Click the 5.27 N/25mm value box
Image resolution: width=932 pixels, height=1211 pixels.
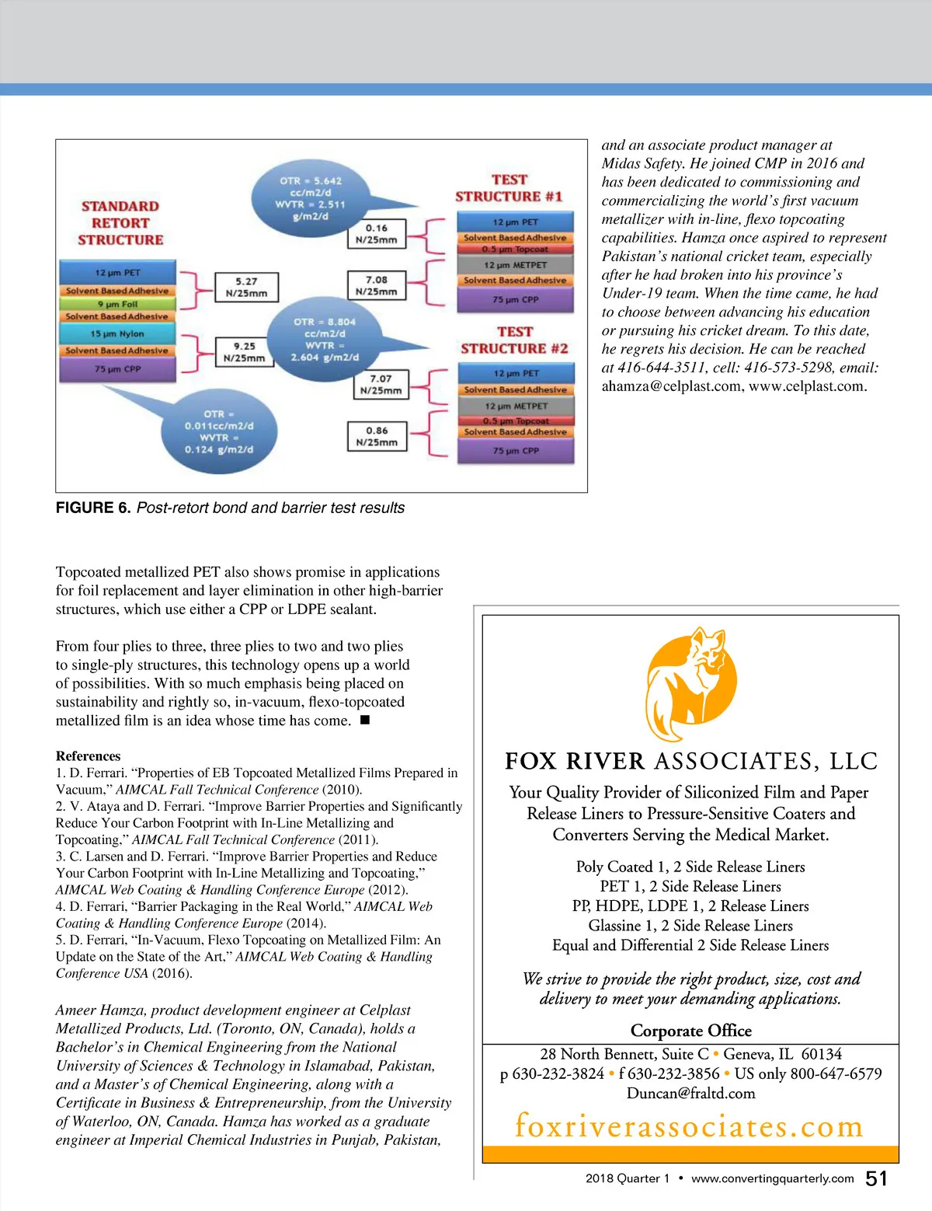click(x=246, y=287)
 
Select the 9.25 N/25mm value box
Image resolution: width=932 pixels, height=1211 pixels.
click(x=245, y=352)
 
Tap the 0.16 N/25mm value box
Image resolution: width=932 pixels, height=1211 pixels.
click(x=376, y=234)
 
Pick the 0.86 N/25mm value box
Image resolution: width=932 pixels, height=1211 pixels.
click(x=377, y=436)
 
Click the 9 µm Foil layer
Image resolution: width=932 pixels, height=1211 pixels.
click(x=117, y=304)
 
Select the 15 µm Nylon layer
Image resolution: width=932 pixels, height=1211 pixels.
click(x=117, y=333)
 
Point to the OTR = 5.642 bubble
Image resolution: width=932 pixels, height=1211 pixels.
click(x=311, y=198)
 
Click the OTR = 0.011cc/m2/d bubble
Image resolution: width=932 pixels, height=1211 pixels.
click(x=219, y=431)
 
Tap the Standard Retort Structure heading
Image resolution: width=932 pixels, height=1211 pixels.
click(x=120, y=223)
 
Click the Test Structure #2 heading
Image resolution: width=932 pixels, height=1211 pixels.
click(x=514, y=340)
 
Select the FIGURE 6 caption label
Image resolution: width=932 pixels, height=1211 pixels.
click(x=92, y=508)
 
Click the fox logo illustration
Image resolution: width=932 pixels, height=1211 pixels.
click(x=690, y=685)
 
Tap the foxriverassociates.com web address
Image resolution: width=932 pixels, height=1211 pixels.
click(x=689, y=1125)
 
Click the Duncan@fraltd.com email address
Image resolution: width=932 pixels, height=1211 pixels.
click(x=690, y=1094)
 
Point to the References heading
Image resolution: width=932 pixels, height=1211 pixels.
click(x=88, y=756)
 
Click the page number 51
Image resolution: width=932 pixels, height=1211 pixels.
click(x=876, y=1178)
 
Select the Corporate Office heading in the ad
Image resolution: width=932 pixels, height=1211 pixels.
click(x=690, y=1031)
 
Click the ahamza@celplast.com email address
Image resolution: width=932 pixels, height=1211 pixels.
click(x=671, y=386)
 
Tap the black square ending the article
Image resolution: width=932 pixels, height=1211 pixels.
click(x=365, y=720)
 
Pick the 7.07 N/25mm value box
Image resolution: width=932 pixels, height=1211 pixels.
click(x=381, y=384)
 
